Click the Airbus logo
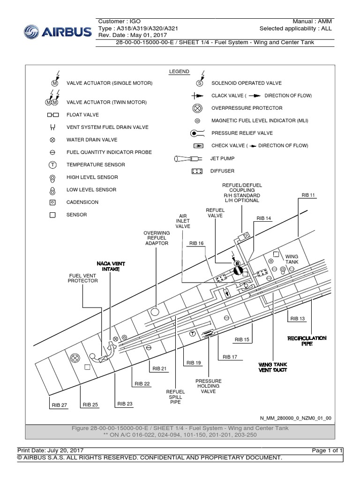point(58,31)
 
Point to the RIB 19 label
point(194,363)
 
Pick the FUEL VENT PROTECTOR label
point(83,277)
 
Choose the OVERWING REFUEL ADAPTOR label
point(157,238)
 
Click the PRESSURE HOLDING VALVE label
point(209,386)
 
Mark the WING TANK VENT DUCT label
point(273,367)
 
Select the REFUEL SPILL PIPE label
point(176,397)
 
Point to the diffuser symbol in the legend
point(197,171)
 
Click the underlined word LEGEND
point(179,72)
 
